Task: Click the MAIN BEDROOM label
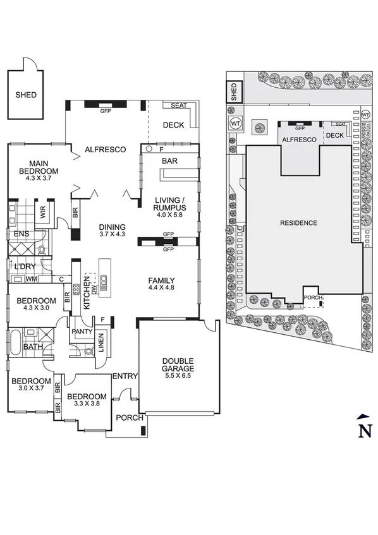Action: (39, 167)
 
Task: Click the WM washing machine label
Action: (30, 279)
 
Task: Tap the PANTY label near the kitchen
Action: (82, 331)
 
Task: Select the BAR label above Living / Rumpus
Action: (169, 161)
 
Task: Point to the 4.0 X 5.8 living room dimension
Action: (169, 214)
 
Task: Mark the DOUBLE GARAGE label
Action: (176, 364)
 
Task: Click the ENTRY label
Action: (125, 376)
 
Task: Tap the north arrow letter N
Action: (364, 431)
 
